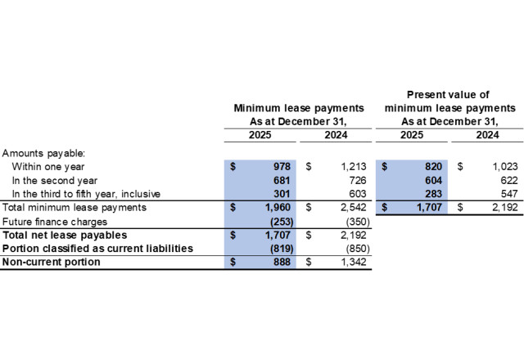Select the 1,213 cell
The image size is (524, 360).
coord(355,165)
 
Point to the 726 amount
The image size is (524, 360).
coord(360,179)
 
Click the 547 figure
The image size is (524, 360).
coord(509,193)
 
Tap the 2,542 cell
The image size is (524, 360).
coord(355,207)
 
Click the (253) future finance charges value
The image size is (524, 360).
coord(278,221)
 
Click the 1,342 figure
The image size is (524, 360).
coord(355,262)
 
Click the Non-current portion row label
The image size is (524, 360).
coord(52,262)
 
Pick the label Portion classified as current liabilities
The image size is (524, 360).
coord(97,248)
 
